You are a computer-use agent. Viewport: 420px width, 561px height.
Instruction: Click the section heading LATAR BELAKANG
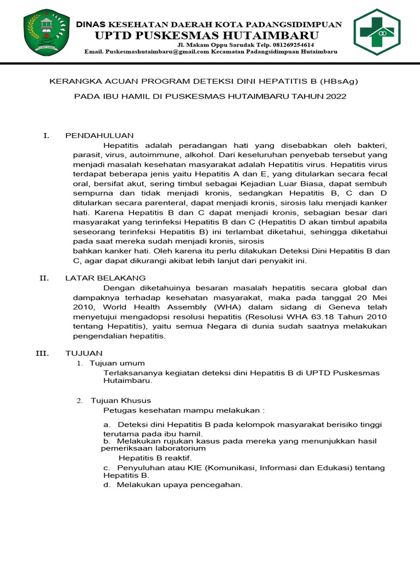point(106,278)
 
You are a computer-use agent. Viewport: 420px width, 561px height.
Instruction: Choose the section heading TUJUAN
point(84,353)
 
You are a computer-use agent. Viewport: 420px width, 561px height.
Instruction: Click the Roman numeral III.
point(43,353)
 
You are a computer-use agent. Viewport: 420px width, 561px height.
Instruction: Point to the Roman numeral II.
point(44,278)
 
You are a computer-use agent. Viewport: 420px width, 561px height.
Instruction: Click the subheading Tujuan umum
point(117,363)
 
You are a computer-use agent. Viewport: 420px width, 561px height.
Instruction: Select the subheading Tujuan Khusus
point(120,400)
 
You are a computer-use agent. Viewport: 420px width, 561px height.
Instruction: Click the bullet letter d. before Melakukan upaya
point(107,485)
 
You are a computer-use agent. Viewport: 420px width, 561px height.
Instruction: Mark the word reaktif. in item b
point(177,457)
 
